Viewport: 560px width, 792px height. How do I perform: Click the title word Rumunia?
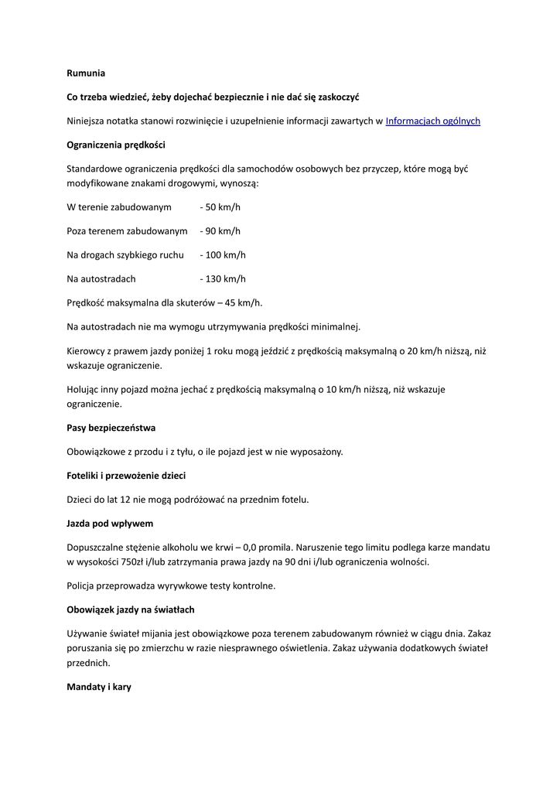click(x=85, y=73)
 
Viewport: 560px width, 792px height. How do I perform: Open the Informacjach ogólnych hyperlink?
click(x=432, y=121)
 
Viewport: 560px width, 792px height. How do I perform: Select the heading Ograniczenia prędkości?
click(x=116, y=145)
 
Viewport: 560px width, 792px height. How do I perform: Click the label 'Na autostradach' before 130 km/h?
click(x=101, y=278)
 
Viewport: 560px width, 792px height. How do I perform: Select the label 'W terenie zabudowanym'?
click(x=119, y=207)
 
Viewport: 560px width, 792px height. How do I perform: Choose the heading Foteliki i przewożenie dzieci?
click(x=126, y=476)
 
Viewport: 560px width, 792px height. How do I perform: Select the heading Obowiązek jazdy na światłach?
click(x=130, y=609)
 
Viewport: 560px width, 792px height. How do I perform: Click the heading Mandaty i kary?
click(x=99, y=686)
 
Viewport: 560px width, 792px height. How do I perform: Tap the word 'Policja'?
click(x=83, y=585)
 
